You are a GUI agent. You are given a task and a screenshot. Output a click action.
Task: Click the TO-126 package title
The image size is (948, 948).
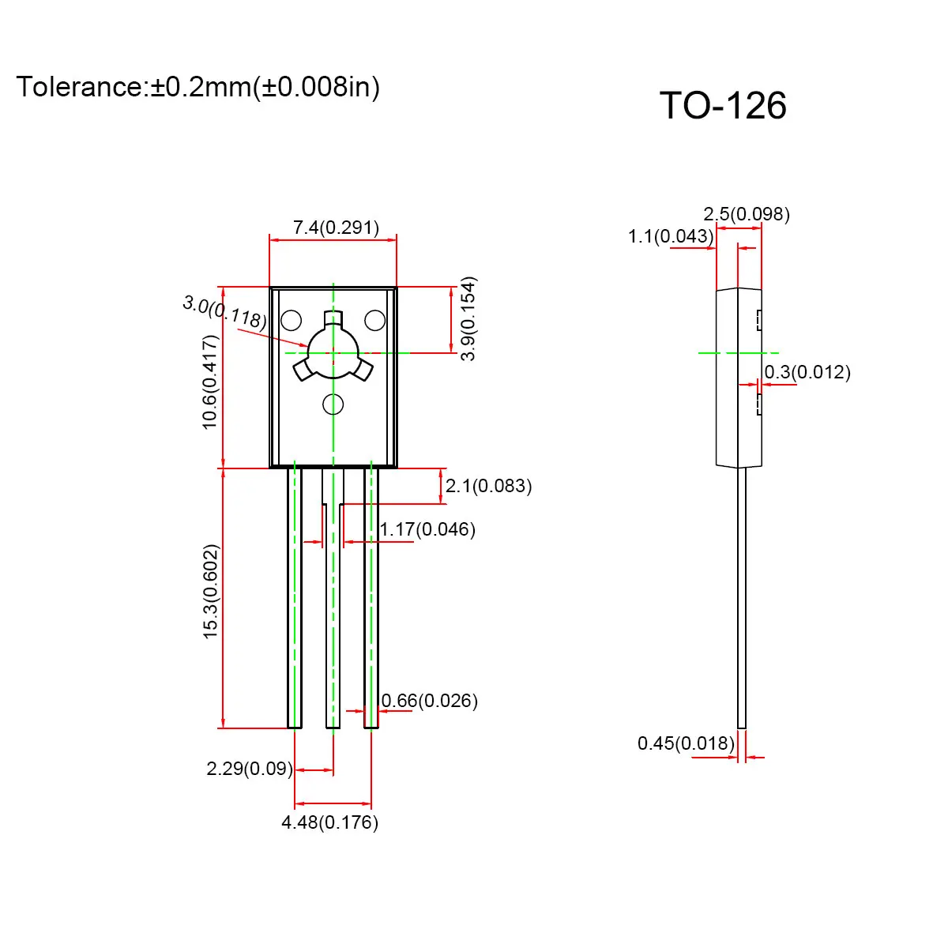pyautogui.click(x=723, y=106)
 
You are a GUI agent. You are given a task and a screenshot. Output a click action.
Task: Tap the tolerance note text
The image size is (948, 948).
pyautogui.click(x=197, y=86)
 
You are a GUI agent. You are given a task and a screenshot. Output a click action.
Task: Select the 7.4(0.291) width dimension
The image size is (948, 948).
pyautogui.click(x=336, y=228)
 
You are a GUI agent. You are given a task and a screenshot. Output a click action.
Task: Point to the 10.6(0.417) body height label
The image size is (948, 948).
pyautogui.click(x=210, y=382)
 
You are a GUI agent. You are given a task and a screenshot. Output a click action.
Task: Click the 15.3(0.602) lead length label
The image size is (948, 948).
pyautogui.click(x=210, y=591)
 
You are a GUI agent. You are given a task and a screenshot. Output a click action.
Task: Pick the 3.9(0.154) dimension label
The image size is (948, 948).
pyautogui.click(x=469, y=318)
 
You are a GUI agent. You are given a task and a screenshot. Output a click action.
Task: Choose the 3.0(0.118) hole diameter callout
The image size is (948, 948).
pyautogui.click(x=224, y=311)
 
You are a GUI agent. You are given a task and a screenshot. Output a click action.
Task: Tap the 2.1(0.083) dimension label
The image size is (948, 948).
pyautogui.click(x=488, y=486)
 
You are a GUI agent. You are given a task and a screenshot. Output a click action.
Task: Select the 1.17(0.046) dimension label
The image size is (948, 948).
pyautogui.click(x=427, y=529)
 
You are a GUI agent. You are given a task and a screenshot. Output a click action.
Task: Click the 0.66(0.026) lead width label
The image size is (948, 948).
pyautogui.click(x=429, y=701)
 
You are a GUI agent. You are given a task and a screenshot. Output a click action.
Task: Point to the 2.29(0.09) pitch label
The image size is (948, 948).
pyautogui.click(x=250, y=769)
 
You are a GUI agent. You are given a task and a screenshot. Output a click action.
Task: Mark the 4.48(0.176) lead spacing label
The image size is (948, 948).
pyautogui.click(x=329, y=822)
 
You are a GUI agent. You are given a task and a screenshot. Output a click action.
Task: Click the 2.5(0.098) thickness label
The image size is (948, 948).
pyautogui.click(x=747, y=214)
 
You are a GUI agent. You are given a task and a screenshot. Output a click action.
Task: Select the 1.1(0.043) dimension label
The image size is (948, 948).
pyautogui.click(x=671, y=236)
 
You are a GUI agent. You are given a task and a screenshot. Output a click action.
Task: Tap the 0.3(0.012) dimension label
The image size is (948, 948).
pyautogui.click(x=807, y=372)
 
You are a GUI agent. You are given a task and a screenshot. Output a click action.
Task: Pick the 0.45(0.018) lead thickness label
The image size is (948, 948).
pyautogui.click(x=686, y=743)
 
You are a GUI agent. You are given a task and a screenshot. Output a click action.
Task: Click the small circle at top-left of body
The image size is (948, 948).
pyautogui.click(x=291, y=320)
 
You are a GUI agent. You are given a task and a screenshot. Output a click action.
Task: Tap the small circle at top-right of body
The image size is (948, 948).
pyautogui.click(x=374, y=320)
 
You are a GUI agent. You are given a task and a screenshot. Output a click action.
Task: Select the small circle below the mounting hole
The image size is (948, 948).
pyautogui.click(x=333, y=404)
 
